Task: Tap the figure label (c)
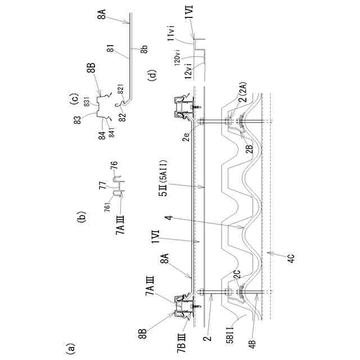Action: [x=74, y=101]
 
